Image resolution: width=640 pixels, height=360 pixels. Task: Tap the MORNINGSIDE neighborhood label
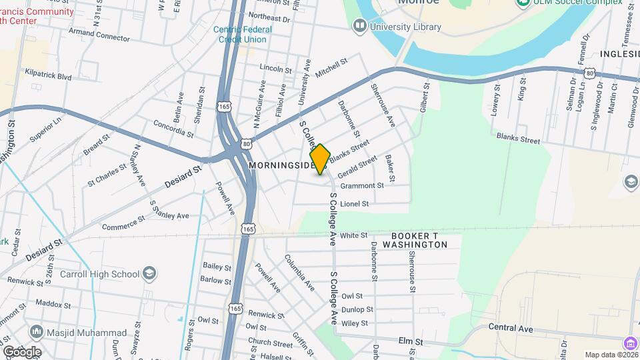coord(279,164)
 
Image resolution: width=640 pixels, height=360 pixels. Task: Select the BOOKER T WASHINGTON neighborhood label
coord(419,241)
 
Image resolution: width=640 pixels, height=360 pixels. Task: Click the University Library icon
coord(360,26)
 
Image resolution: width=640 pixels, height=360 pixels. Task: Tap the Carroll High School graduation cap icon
coord(151,273)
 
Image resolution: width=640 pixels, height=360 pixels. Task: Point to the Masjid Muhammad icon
coord(35,331)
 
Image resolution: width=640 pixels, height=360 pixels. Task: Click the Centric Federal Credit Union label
coord(240,34)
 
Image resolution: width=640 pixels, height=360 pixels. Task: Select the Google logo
coord(21,351)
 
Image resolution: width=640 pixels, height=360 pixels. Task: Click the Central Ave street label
coord(511,327)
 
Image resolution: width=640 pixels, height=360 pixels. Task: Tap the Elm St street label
coord(411,341)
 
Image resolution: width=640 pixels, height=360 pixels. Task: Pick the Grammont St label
coord(362,186)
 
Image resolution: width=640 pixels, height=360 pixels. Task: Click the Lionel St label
coord(354,203)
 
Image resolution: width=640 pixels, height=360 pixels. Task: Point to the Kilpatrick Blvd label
coord(48,77)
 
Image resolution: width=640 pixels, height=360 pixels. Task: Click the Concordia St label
coord(173,128)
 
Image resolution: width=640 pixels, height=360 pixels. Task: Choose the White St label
coord(354,235)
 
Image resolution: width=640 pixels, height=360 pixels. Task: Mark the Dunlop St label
coord(357,309)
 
